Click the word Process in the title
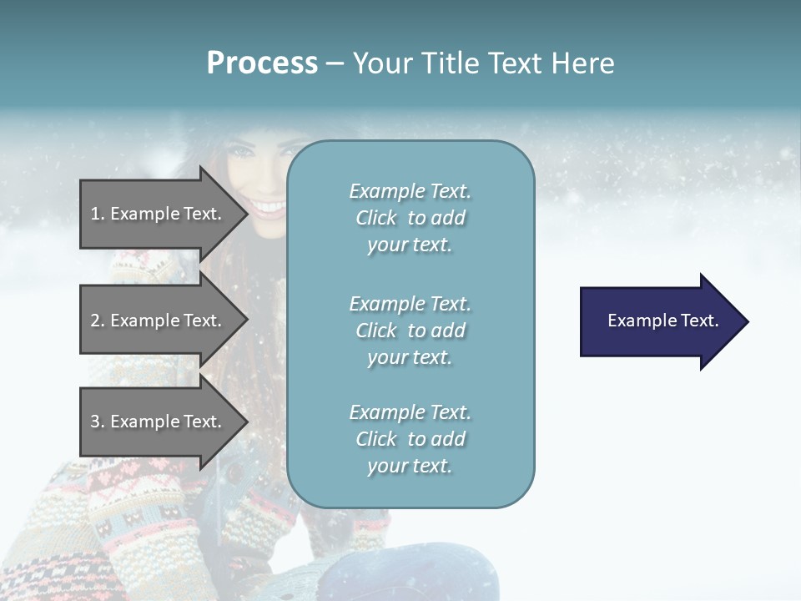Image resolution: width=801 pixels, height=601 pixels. (x=262, y=63)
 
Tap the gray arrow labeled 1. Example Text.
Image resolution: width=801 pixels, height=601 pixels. (x=159, y=214)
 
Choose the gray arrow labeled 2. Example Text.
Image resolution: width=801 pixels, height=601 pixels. (x=159, y=321)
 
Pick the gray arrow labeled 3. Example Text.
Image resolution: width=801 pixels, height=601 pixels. (x=159, y=422)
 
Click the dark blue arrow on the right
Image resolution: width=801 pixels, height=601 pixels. (x=659, y=321)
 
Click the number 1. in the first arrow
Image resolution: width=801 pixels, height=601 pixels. (x=98, y=214)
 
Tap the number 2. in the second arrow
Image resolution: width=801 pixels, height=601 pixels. (x=98, y=321)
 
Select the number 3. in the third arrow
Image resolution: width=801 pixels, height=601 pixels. (x=98, y=422)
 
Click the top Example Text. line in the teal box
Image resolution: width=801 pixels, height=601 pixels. (x=410, y=191)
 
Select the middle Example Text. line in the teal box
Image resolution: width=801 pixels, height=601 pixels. (x=410, y=304)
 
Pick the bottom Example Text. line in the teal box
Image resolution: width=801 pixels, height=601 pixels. (x=410, y=412)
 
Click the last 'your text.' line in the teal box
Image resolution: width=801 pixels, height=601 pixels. (x=410, y=467)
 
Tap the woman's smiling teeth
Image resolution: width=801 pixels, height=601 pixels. (x=269, y=206)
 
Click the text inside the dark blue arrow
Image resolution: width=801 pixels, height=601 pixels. (x=662, y=321)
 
